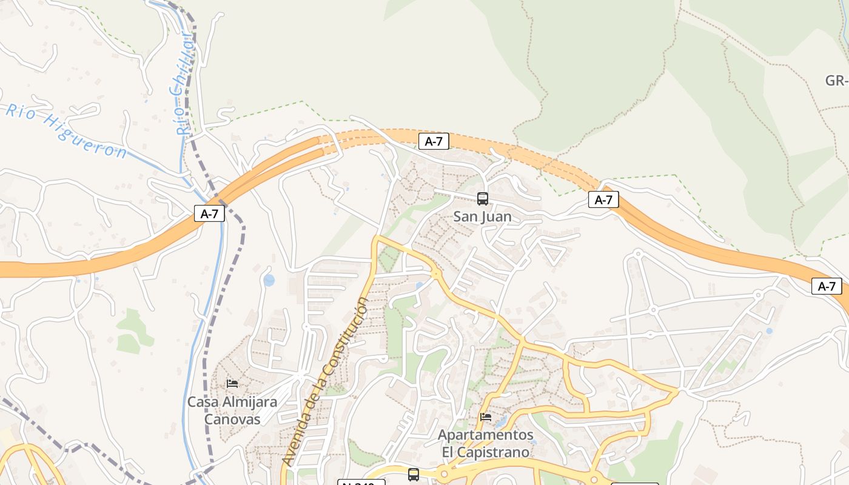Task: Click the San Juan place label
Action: click(x=482, y=216)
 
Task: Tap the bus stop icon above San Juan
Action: click(x=482, y=198)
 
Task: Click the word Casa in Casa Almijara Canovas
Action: click(x=203, y=401)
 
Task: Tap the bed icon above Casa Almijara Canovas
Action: click(x=232, y=383)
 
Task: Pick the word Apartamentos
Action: click(x=485, y=435)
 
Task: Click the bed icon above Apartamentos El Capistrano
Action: click(x=485, y=416)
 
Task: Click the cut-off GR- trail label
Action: click(x=836, y=81)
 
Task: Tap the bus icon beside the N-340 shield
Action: click(x=413, y=475)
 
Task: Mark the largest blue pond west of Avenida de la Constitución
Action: click(x=269, y=280)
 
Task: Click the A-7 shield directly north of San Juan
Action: click(x=434, y=142)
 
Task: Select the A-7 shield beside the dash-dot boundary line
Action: click(x=209, y=213)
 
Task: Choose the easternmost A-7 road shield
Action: click(x=827, y=286)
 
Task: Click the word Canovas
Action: click(x=232, y=419)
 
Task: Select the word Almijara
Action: click(x=249, y=401)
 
